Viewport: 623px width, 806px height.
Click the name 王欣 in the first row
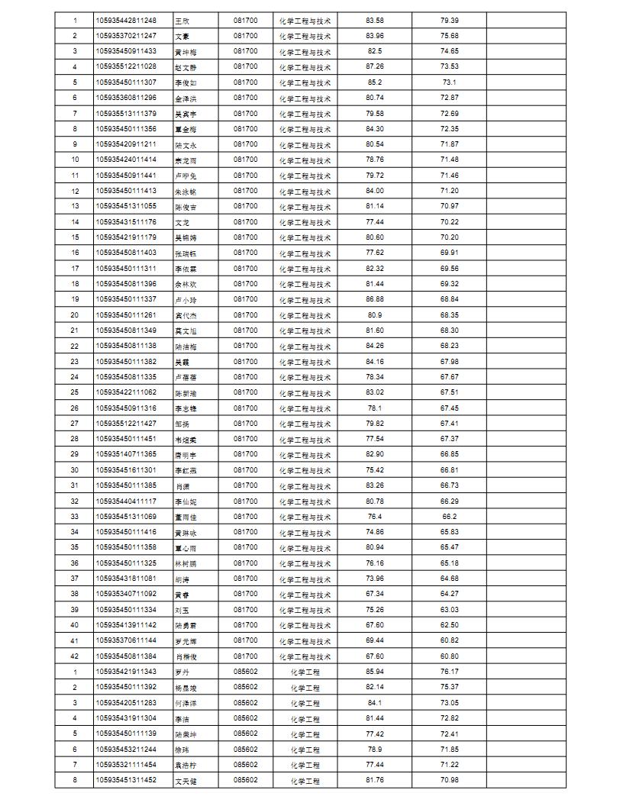point(182,21)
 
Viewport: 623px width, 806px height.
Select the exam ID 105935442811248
point(126,20)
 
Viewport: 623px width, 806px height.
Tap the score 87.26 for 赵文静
point(375,66)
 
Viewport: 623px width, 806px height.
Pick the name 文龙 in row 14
point(182,222)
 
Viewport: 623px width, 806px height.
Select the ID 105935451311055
point(126,206)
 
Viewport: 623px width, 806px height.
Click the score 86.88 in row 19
point(375,299)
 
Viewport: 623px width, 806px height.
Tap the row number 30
point(75,470)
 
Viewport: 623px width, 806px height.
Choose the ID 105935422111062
point(126,392)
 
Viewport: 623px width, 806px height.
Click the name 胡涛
point(182,579)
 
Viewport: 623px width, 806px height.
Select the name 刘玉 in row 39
point(182,610)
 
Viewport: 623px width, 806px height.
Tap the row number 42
point(75,656)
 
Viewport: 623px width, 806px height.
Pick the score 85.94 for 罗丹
point(375,672)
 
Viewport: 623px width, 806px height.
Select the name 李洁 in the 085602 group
point(182,719)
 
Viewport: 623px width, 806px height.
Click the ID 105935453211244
point(126,749)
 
